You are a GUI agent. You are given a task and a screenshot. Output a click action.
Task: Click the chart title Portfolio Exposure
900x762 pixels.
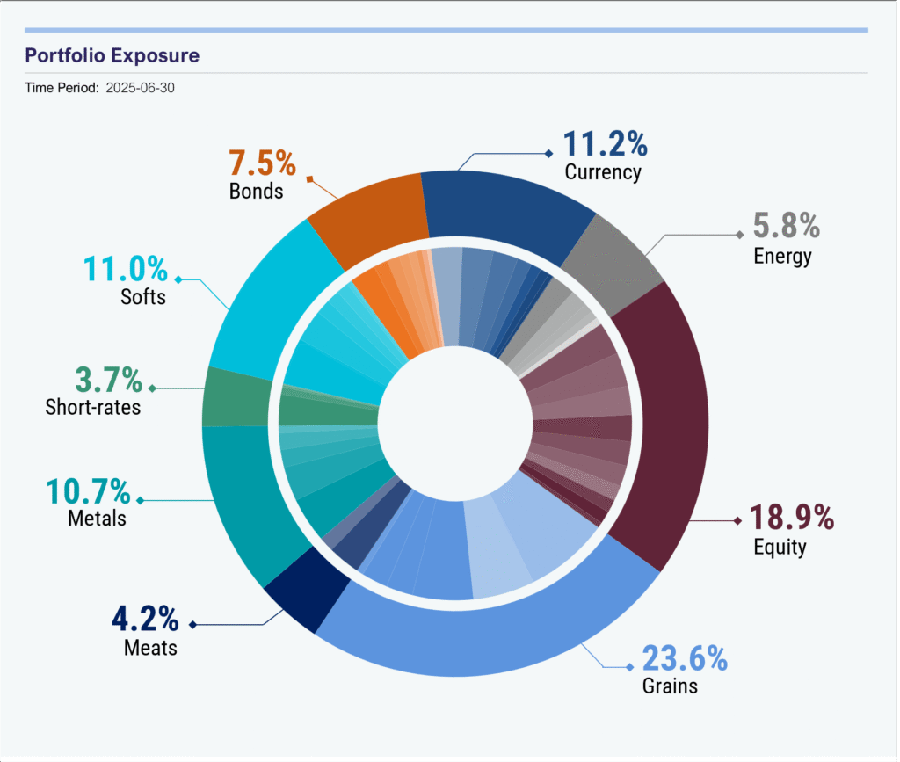point(112,55)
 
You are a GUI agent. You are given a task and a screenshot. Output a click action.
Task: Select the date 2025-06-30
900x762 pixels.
point(140,88)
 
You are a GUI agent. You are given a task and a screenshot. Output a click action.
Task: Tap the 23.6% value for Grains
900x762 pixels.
point(685,658)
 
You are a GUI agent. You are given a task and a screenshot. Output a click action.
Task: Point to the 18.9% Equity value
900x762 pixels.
point(792,517)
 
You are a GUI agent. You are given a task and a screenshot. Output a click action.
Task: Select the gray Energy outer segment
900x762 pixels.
point(612,264)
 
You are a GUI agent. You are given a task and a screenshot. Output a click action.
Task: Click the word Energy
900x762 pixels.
point(782,257)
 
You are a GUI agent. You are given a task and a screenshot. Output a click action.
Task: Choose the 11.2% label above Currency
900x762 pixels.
point(605,143)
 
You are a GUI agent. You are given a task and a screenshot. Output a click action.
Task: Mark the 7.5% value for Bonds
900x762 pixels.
point(262,163)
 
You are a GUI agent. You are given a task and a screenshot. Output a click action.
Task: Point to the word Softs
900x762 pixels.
point(143,297)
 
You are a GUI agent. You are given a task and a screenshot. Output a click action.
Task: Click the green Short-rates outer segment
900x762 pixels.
point(236,397)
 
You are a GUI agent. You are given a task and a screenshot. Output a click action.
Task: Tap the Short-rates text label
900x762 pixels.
point(93,407)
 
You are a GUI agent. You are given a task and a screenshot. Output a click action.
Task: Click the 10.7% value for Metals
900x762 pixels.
point(89,492)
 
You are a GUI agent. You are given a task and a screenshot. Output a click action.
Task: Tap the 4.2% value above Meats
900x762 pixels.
point(145,619)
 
